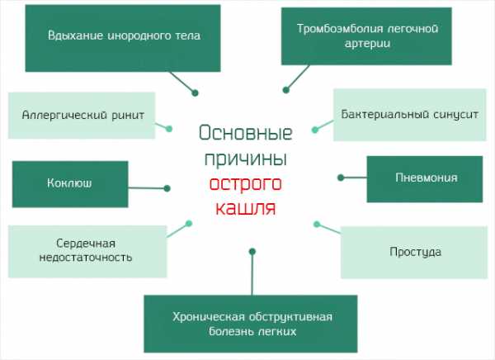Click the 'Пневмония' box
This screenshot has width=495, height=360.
pos(425,177)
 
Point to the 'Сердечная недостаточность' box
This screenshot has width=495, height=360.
pos(83,250)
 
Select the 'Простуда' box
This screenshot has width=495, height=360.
pos(416,251)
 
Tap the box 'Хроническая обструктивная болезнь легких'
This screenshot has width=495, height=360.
pos(252,324)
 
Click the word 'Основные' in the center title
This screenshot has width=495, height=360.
pos(246,133)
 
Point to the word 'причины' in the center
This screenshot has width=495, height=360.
pos(246,157)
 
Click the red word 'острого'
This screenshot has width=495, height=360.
pos(246,182)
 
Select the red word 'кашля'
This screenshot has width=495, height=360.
pos(246,206)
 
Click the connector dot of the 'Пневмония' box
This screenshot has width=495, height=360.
pos(341,177)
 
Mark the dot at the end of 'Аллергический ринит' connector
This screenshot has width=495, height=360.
pos(169,128)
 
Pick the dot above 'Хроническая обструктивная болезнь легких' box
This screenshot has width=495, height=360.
pos(252,250)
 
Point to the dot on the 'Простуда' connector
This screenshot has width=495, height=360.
pos(316,221)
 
